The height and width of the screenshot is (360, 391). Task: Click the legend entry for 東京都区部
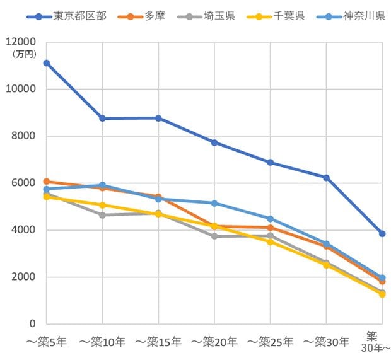pyautogui.click(x=67, y=16)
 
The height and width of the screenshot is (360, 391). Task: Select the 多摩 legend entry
pyautogui.click(x=141, y=16)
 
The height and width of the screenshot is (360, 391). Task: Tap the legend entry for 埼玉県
pyautogui.click(x=206, y=16)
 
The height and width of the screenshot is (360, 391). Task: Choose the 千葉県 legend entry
pyautogui.click(x=276, y=16)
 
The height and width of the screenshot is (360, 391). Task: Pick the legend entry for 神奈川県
pyautogui.click(x=351, y=16)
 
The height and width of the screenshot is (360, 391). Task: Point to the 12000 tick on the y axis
pyautogui.click(x=21, y=42)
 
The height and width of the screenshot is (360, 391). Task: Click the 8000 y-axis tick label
pyautogui.click(x=23, y=136)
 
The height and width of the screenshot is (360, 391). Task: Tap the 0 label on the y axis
pyautogui.click(x=33, y=324)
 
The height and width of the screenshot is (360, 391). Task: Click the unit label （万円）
pyautogui.click(x=24, y=54)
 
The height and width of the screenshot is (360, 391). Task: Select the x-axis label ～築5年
pyautogui.click(x=47, y=342)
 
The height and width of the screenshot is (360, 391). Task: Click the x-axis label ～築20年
pyautogui.click(x=214, y=342)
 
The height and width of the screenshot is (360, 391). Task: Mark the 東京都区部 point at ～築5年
pyautogui.click(x=47, y=63)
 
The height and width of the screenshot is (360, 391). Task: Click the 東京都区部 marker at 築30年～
pyautogui.click(x=382, y=234)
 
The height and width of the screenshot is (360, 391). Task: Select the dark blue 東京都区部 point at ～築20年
pyautogui.click(x=214, y=143)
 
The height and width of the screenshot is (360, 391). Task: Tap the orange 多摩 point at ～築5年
pyautogui.click(x=47, y=181)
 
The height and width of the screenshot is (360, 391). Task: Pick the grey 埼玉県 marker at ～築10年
pyautogui.click(x=102, y=215)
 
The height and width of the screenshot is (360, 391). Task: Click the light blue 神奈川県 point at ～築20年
pyautogui.click(x=214, y=204)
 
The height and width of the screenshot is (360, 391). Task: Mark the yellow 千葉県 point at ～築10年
pyautogui.click(x=102, y=205)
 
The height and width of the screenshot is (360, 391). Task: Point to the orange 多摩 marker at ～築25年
pyautogui.click(x=271, y=228)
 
